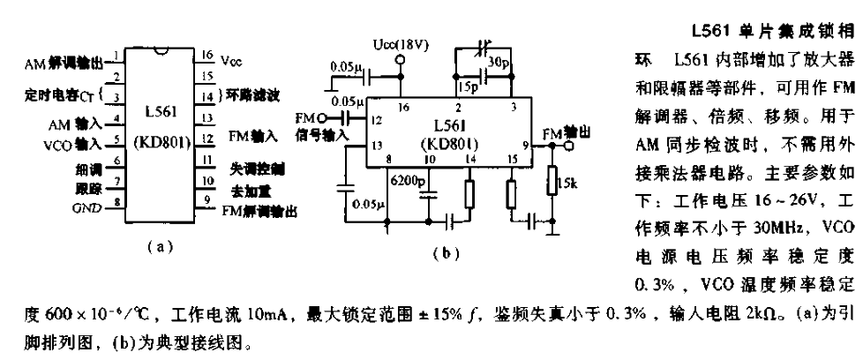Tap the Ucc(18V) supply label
402,43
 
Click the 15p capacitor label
467,87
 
